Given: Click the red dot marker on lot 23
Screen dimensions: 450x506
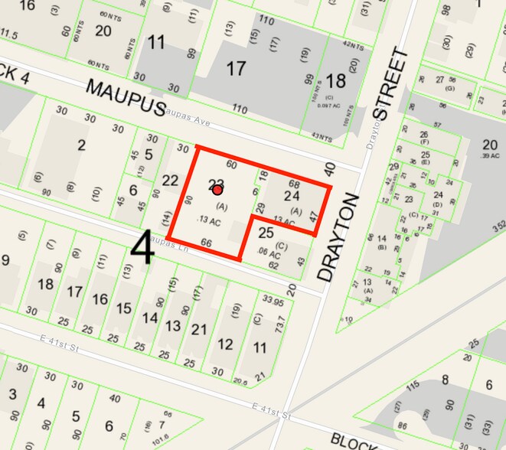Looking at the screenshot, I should point(217,190).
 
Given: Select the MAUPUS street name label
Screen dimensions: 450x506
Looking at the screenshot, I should point(126,96).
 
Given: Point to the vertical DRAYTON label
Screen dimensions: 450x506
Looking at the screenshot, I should point(338,237).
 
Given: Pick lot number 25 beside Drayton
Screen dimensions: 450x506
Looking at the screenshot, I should point(266,232).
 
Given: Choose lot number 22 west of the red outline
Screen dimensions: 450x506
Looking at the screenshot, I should point(170,180).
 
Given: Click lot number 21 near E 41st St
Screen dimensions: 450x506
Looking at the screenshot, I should point(199,329).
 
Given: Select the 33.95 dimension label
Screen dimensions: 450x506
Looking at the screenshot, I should point(273,298).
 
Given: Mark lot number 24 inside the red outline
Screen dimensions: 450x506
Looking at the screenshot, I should point(292,196).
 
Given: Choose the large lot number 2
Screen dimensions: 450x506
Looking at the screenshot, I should point(81,145).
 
